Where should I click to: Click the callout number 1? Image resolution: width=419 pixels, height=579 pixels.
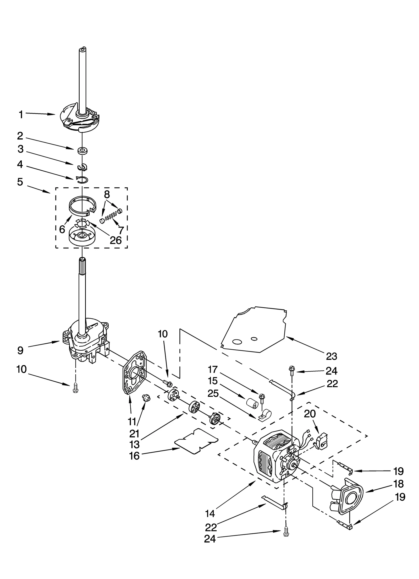(21, 115)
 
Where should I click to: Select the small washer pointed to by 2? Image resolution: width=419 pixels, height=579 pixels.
(82, 151)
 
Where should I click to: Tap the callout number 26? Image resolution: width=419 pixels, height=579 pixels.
(115, 240)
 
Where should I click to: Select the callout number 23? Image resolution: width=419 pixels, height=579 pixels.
(331, 356)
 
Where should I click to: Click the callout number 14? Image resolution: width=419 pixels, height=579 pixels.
(210, 514)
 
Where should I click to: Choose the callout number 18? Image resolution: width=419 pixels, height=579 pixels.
(398, 484)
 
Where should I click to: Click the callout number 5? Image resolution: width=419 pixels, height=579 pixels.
(20, 182)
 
